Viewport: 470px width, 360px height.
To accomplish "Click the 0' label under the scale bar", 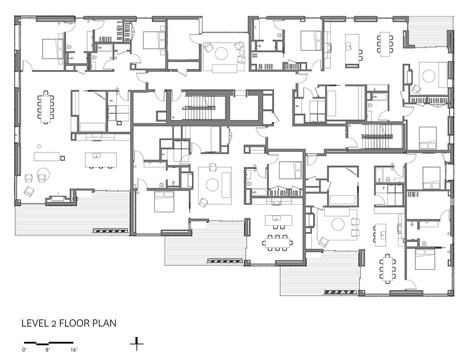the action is pyautogui.click(x=24, y=349).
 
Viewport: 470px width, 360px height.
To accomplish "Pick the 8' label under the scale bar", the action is pyautogui.click(x=47, y=349).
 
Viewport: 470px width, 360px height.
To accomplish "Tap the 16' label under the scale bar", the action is pyautogui.click(x=74, y=349).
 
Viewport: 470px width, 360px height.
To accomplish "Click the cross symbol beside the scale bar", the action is pyautogui.click(x=137, y=344).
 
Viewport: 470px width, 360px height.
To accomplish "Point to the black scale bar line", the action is pyautogui.click(x=48, y=342).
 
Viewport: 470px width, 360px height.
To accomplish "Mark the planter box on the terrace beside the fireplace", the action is pyautogui.click(x=110, y=231).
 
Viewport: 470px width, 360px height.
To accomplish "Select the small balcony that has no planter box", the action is pyautogui.click(x=429, y=32).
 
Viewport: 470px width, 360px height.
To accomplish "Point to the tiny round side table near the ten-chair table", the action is pyautogui.click(x=39, y=146).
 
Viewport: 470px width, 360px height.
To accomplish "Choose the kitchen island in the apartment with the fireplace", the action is pyautogui.click(x=100, y=160).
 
